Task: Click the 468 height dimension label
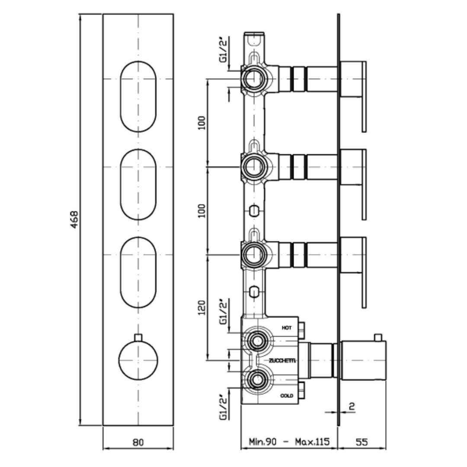pos(74,220)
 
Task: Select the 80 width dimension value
pos(138,442)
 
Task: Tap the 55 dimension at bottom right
pos(361,441)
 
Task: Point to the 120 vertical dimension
pos(202,308)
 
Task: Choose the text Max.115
pos(313,441)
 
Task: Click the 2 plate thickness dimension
pos(352,406)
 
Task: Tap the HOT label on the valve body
pos(287,328)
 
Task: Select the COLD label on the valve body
pos(287,396)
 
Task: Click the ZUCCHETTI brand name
pos(282,361)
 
